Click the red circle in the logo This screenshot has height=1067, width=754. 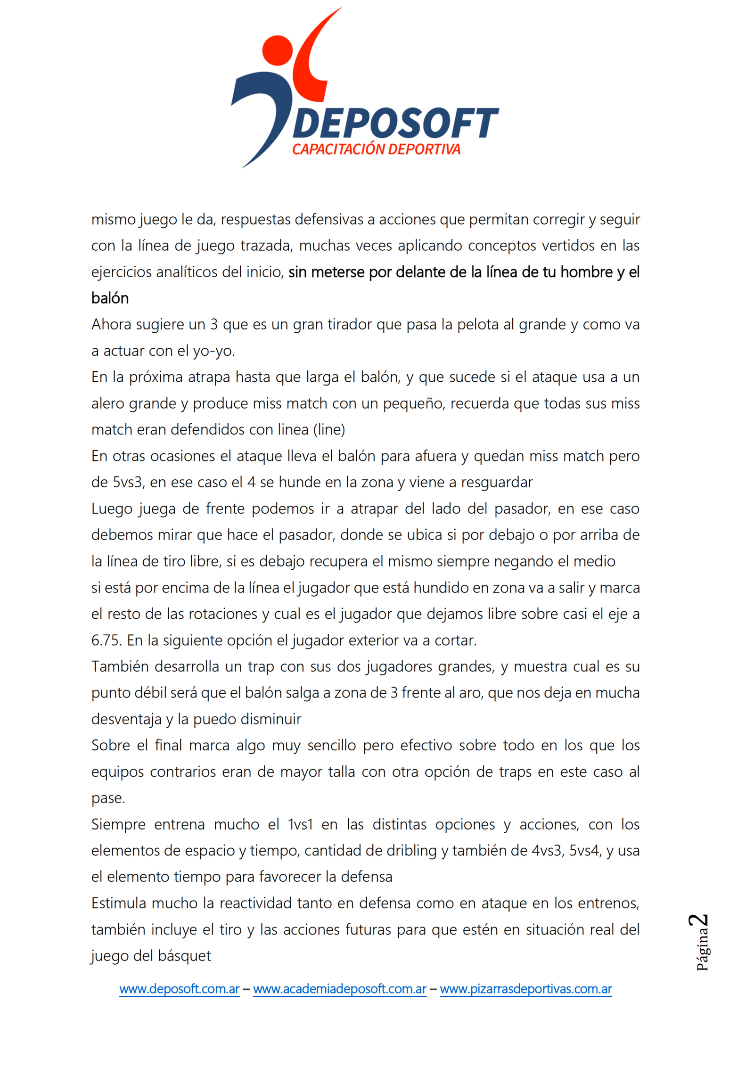277,50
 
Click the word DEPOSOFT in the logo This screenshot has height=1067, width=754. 396,123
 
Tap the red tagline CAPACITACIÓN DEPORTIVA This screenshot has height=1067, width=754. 376,149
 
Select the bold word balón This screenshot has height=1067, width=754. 110,298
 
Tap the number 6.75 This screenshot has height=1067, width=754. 107,640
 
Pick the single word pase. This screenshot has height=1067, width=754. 108,798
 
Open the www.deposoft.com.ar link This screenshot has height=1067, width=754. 179,989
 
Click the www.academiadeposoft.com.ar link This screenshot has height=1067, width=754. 339,989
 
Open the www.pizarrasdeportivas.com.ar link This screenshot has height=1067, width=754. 525,989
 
